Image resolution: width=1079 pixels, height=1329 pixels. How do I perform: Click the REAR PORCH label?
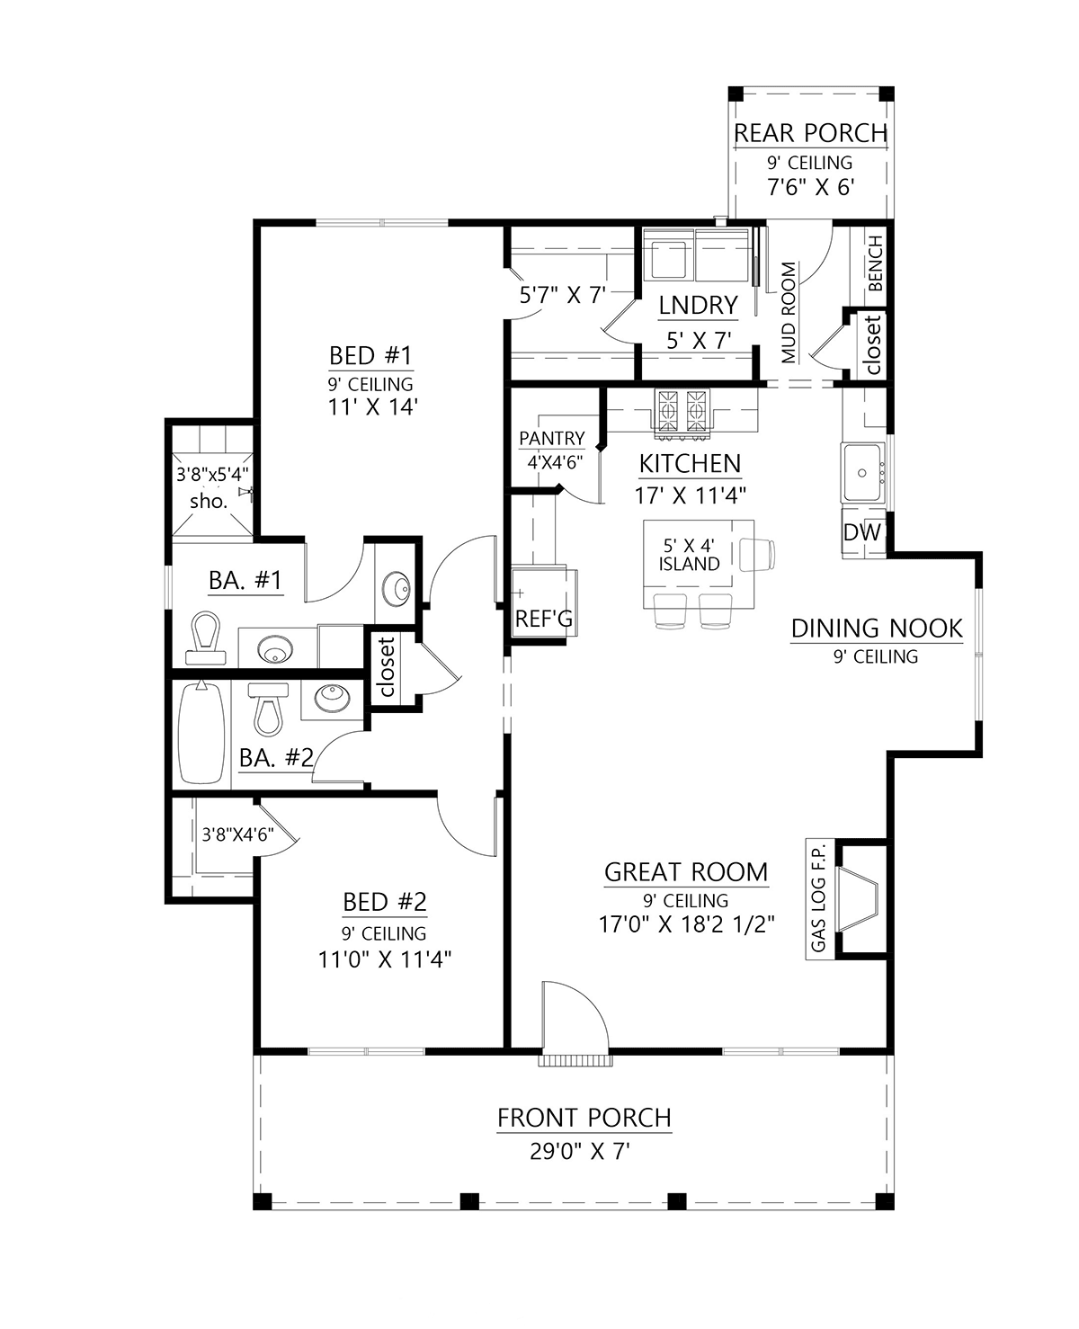pos(810,133)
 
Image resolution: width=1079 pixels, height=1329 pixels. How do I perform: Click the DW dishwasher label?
pos(862,532)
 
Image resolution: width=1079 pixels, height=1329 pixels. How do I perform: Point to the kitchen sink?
pos(862,472)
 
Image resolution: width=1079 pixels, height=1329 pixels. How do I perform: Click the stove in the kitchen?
pos(682,410)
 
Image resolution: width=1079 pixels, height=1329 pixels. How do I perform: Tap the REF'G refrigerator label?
pos(544,619)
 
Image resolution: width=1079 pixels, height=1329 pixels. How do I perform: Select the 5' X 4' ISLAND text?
pos(689,555)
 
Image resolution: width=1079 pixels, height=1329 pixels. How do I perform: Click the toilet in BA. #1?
pos(205,638)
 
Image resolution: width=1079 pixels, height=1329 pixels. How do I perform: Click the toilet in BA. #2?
pos(268,709)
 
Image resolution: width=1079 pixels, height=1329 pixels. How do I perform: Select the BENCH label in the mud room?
pos(876,263)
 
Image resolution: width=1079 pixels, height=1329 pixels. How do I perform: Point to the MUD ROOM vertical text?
pos(789,312)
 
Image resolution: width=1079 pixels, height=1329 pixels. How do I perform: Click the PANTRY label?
pos(552,439)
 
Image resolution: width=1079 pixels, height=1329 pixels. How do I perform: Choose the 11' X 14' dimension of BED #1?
pos(372,406)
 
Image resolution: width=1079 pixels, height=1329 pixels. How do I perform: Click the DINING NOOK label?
pos(877,629)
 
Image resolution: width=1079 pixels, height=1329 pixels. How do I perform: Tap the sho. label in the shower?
pos(209,501)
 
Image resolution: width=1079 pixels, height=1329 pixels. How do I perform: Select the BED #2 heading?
pos(385,902)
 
